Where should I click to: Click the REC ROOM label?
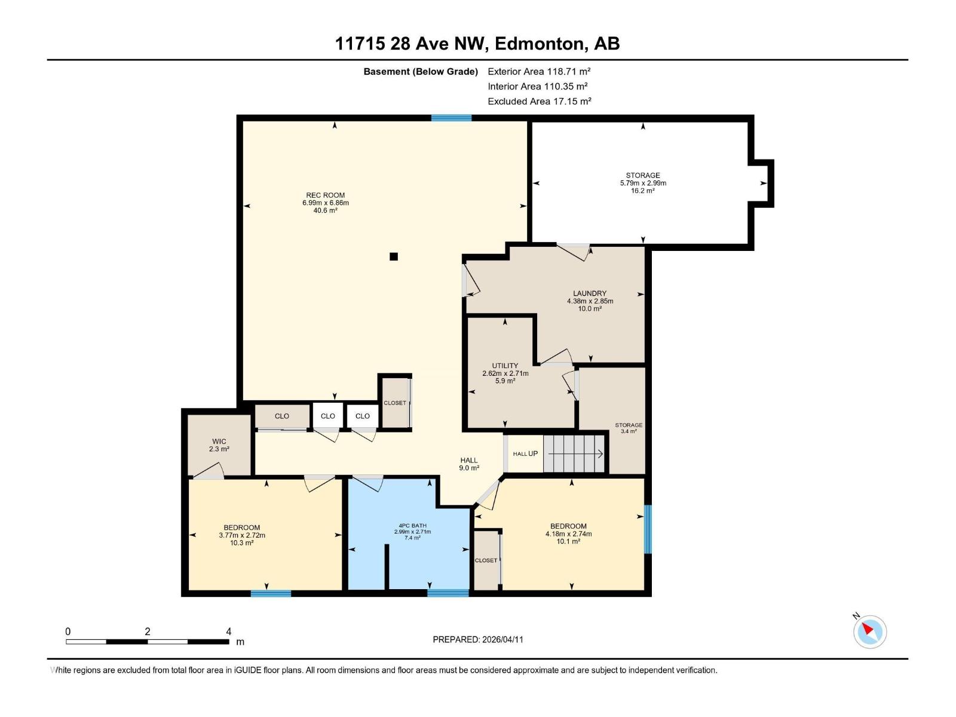click(x=325, y=195)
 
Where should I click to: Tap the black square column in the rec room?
click(x=394, y=257)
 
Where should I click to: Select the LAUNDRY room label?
click(x=590, y=293)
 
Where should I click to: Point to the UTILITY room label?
click(x=505, y=366)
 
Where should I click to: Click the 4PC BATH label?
click(x=412, y=526)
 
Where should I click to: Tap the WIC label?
click(x=219, y=442)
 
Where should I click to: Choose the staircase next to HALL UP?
click(x=575, y=454)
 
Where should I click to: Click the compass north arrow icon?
click(x=869, y=631)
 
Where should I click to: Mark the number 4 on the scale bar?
click(x=229, y=632)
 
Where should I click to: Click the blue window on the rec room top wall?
click(x=451, y=118)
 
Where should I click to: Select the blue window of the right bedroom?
click(x=648, y=529)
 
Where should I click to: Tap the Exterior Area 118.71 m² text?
click(x=539, y=71)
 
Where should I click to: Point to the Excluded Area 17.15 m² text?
click(x=539, y=102)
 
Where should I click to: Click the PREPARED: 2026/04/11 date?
click(x=478, y=639)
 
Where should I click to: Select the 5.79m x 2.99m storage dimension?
click(x=643, y=183)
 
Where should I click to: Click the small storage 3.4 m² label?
click(x=629, y=428)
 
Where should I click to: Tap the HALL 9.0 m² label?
click(x=469, y=464)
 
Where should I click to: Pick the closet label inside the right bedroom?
click(x=486, y=560)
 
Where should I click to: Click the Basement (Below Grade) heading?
click(x=421, y=72)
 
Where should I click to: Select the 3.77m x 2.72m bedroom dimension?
click(x=242, y=535)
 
